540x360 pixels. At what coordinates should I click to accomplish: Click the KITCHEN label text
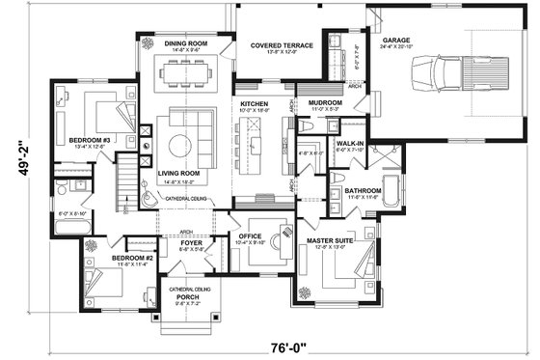click(x=253, y=102)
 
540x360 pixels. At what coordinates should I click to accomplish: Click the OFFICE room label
click(x=251, y=235)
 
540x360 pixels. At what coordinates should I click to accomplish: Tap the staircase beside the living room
click(x=124, y=185)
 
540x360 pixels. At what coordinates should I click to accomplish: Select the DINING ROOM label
click(x=185, y=42)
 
